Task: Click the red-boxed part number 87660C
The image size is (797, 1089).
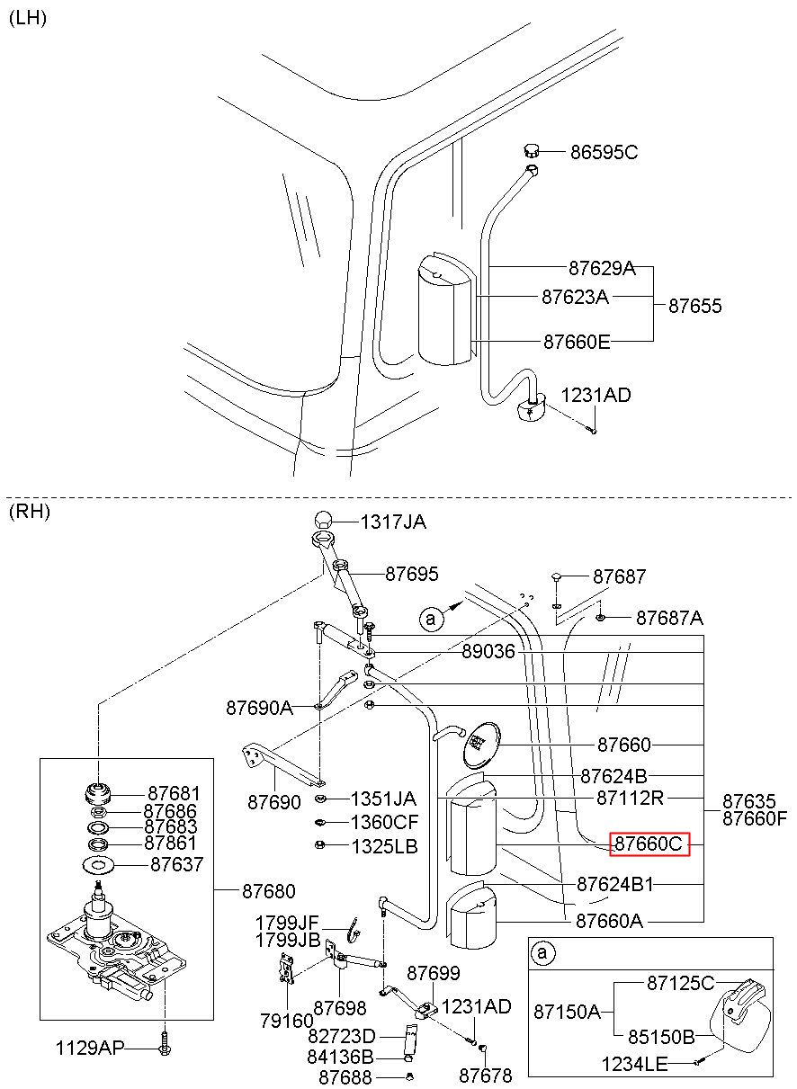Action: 649,844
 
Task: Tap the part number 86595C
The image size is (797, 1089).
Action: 604,153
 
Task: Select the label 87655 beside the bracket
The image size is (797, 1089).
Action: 694,306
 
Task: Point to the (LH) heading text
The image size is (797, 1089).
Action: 28,18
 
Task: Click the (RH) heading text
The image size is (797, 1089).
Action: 29,511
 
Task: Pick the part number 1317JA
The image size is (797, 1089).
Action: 393,522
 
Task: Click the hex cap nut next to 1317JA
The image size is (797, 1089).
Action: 324,520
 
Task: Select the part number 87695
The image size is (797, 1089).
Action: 411,574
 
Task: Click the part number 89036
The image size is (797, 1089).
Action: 488,651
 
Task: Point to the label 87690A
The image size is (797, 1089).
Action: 260,708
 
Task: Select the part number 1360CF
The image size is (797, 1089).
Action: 384,822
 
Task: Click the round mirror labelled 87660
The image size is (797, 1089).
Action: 481,745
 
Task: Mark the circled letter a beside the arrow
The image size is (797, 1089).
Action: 430,619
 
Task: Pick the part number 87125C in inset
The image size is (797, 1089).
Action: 680,983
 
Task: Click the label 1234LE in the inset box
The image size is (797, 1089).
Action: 634,1064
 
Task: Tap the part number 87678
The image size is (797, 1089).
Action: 485,1076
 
